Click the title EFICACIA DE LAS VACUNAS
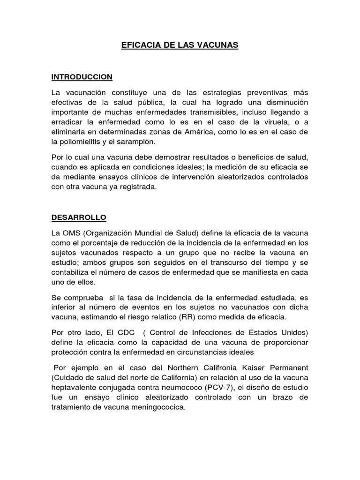(x=180, y=45)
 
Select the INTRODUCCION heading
(x=82, y=76)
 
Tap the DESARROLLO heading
(x=79, y=217)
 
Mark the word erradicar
(x=67, y=122)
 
